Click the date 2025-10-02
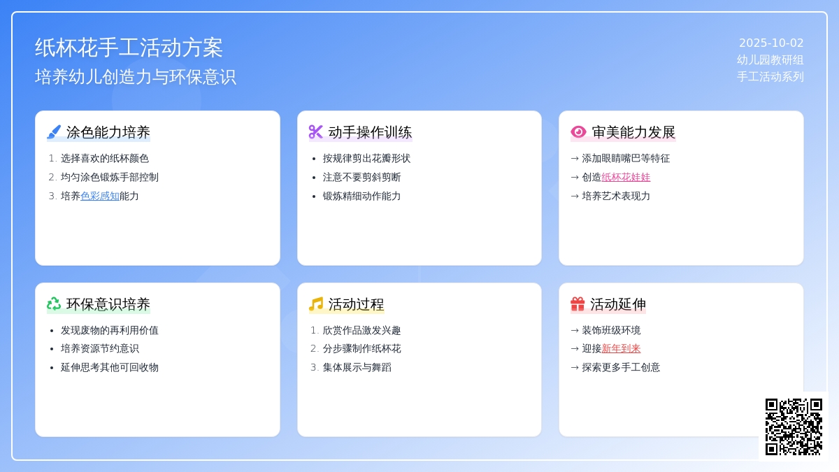click(x=770, y=43)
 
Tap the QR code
click(x=794, y=427)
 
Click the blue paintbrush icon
click(x=54, y=132)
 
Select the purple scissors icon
click(x=315, y=132)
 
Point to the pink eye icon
click(x=578, y=132)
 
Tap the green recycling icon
click(x=54, y=303)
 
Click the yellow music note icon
click(x=316, y=303)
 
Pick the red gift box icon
click(x=578, y=303)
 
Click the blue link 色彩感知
click(x=100, y=196)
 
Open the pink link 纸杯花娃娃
click(x=626, y=177)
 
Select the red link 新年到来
click(x=621, y=348)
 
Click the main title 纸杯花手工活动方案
click(x=129, y=48)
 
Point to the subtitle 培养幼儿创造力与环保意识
click(x=135, y=77)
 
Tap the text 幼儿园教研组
click(x=770, y=60)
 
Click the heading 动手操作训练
click(x=370, y=132)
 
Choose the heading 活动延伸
click(x=618, y=304)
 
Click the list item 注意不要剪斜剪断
click(x=362, y=177)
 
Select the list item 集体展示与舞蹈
click(x=357, y=367)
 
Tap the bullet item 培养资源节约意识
click(x=99, y=348)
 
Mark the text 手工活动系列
click(x=770, y=77)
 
